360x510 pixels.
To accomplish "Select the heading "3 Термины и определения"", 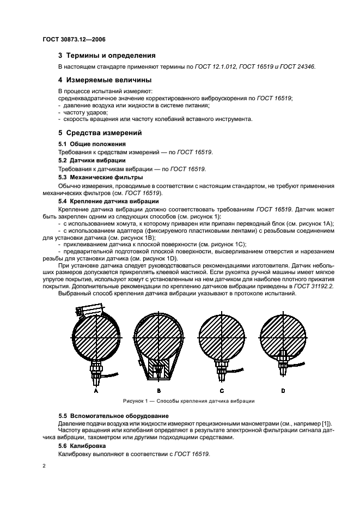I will tap(107, 56).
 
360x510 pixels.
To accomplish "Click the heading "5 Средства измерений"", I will tap(100, 132).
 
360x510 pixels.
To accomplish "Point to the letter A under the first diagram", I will tap(96, 391).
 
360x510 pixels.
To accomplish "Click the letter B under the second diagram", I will tap(158, 391).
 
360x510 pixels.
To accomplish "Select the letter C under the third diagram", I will tap(221, 391).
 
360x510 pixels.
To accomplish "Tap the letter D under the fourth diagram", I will tap(283, 391).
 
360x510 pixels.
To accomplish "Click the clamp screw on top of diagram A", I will tap(85, 311).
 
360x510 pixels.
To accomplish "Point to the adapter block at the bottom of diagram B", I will tap(158, 371).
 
